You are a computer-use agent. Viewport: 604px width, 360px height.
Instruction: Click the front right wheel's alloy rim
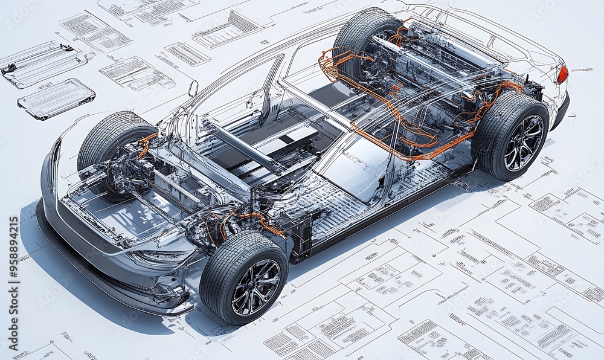[256, 288]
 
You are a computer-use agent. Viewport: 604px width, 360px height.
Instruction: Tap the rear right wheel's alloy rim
[524, 143]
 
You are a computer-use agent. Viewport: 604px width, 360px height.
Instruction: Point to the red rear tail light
[562, 75]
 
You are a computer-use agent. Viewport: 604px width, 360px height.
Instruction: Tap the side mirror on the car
[193, 89]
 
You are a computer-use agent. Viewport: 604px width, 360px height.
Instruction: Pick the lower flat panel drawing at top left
[56, 98]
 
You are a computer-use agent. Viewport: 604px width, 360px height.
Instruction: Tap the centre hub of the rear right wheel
[524, 143]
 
